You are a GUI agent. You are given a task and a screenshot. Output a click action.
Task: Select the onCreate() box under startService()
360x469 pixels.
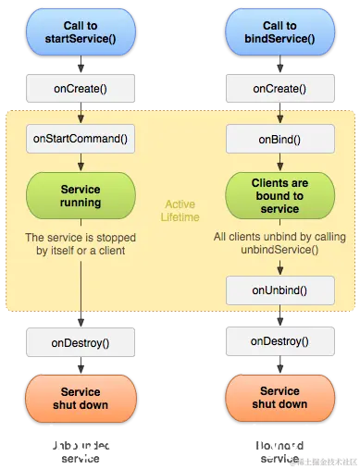pos(81,89)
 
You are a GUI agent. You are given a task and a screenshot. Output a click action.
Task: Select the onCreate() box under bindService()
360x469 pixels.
pos(279,89)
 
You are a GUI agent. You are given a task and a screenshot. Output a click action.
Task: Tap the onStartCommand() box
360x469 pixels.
pos(81,140)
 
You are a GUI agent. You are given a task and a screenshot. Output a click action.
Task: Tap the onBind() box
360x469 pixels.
pos(279,140)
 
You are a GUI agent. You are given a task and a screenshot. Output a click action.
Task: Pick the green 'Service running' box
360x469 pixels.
pos(81,194)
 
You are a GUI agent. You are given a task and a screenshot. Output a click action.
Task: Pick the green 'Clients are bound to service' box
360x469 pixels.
pos(279,196)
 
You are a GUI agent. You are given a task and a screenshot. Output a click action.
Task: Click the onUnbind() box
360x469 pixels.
pos(279,289)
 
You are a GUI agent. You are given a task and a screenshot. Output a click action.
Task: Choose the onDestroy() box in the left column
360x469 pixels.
pos(81,342)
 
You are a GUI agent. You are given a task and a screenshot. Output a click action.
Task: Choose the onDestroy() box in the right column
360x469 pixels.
pos(279,341)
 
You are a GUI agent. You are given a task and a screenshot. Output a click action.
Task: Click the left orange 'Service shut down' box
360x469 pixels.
pos(81,398)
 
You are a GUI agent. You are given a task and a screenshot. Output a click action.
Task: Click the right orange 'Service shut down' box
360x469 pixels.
pos(279,398)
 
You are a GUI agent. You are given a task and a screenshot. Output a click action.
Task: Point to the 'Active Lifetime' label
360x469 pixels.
pos(180,210)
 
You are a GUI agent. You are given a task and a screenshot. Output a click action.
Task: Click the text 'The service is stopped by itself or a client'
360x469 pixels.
pos(81,243)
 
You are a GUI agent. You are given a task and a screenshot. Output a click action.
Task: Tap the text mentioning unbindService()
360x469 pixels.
pos(279,243)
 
